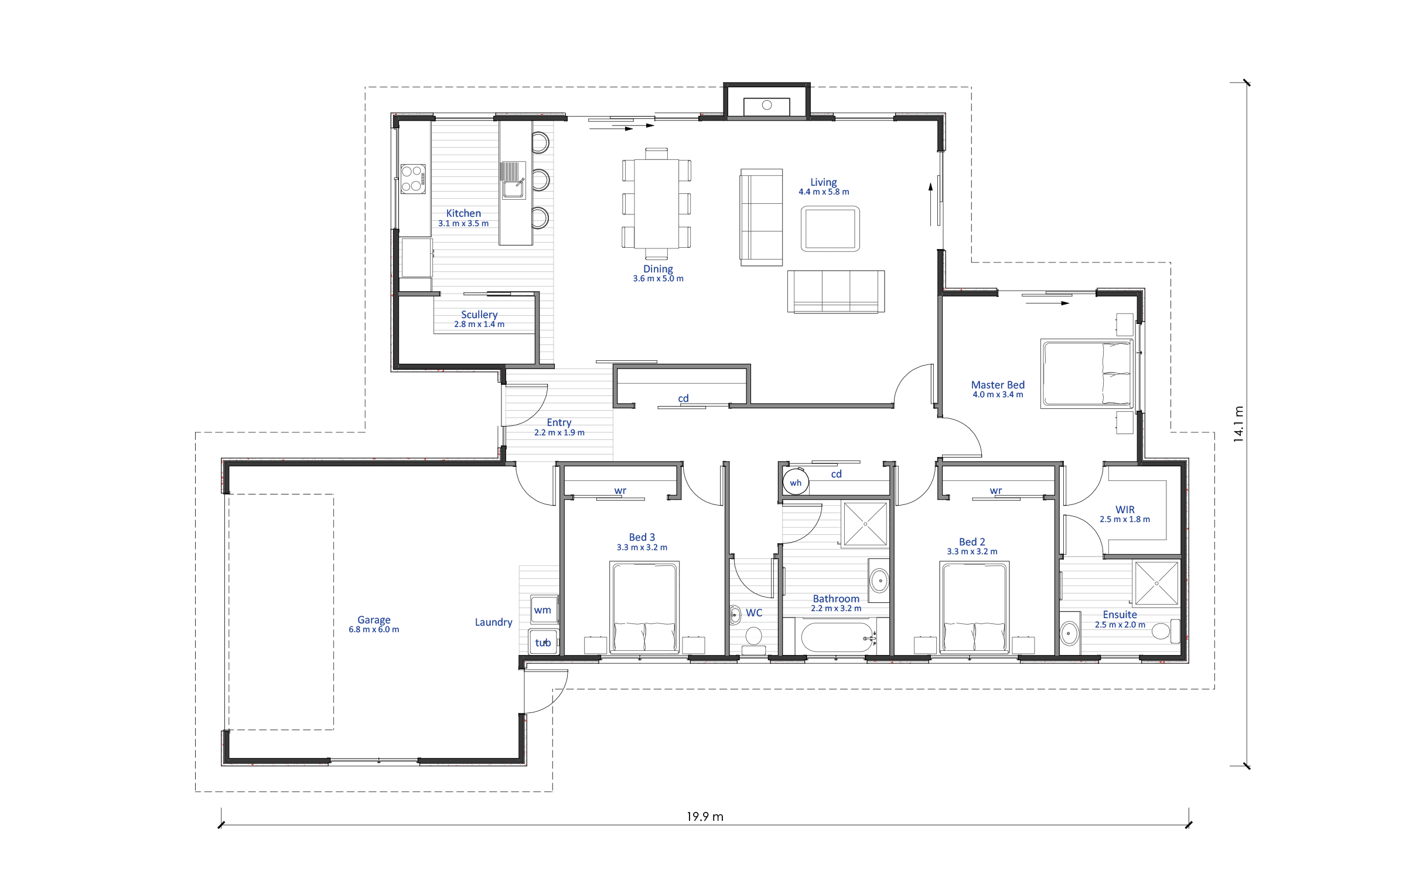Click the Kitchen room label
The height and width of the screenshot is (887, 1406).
(x=463, y=213)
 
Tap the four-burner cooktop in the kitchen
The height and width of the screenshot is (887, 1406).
(x=413, y=179)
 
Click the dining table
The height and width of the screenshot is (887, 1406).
(x=657, y=204)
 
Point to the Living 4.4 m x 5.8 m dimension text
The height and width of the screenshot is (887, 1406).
(x=824, y=192)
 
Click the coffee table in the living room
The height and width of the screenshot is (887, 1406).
(x=830, y=228)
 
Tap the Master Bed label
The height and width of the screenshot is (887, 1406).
(x=998, y=385)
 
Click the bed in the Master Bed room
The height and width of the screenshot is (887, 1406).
(x=1087, y=373)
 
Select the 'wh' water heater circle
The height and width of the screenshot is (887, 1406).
(x=796, y=483)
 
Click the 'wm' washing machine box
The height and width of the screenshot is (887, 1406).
(x=544, y=610)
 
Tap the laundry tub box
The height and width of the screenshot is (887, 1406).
(x=543, y=642)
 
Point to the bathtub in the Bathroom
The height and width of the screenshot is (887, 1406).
(x=837, y=637)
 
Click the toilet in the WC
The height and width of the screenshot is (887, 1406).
(x=753, y=639)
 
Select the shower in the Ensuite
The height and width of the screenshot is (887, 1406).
(x=1156, y=584)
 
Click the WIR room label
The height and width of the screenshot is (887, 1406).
(x=1125, y=510)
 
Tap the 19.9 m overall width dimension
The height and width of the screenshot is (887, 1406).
(x=705, y=817)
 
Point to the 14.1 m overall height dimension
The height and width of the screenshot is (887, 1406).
(x=1238, y=424)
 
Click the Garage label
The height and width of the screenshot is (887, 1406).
(x=374, y=620)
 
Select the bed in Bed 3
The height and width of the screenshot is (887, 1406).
(x=644, y=607)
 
